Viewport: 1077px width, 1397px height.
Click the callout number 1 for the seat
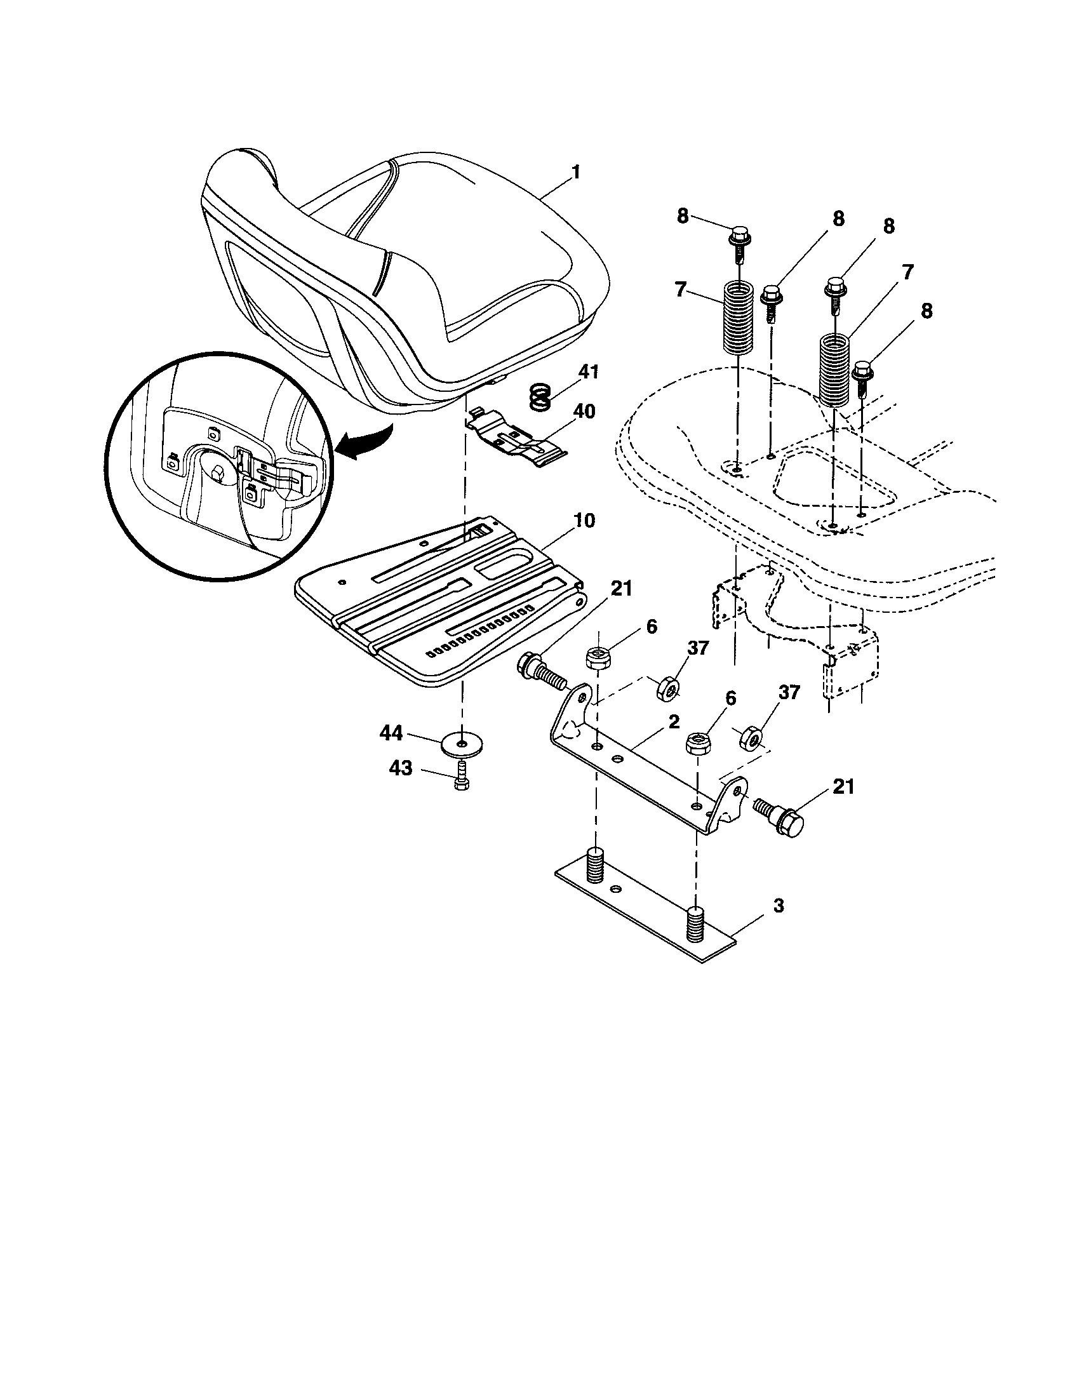coord(575,173)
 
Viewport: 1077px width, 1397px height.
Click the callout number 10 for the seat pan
coord(583,521)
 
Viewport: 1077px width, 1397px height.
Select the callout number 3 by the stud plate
coord(778,906)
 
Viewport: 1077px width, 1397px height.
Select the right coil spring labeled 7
coord(835,371)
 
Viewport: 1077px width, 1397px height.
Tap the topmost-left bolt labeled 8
coord(738,239)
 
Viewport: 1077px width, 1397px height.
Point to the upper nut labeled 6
coord(597,658)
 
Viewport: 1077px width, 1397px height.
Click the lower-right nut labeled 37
coord(749,740)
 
